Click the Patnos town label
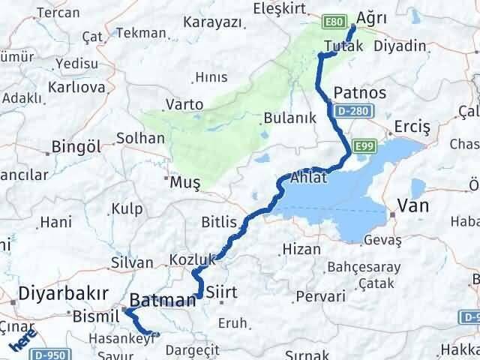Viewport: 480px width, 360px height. pos(359,94)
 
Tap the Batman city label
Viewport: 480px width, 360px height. pos(163,300)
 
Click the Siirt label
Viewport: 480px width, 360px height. pos(220,291)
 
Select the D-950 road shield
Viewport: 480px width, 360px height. pos(52,351)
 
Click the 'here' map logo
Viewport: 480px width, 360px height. pos(22,344)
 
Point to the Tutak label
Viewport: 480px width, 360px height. pos(343,46)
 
